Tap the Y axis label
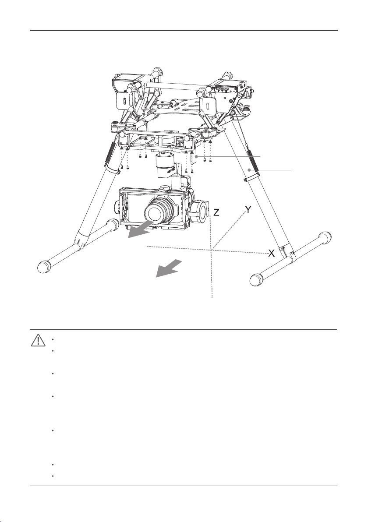tap(248, 210)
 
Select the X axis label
tap(272, 254)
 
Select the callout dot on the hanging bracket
tap(197, 156)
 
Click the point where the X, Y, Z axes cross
tap(211, 250)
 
